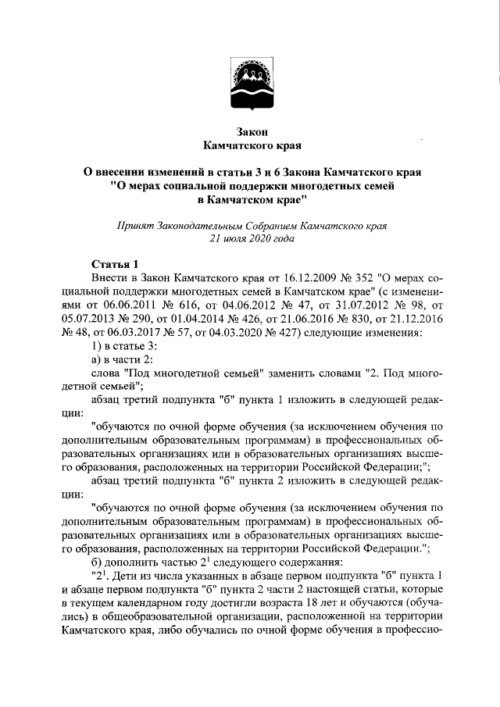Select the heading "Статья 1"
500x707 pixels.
click(x=115, y=264)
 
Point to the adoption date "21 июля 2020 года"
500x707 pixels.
click(x=251, y=240)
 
